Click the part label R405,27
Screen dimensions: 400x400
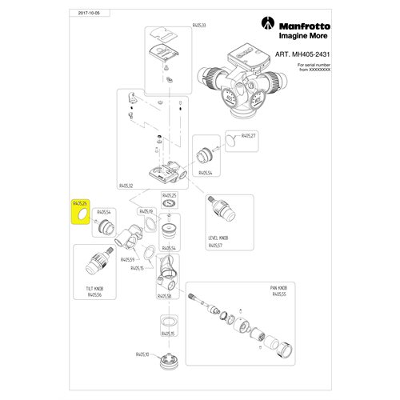[248, 136]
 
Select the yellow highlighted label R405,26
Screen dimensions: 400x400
[80, 205]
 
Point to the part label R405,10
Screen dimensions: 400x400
[143, 354]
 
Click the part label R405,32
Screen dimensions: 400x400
[128, 184]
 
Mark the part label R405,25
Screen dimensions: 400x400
[169, 195]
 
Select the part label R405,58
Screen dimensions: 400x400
[166, 295]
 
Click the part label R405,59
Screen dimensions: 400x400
[128, 259]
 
